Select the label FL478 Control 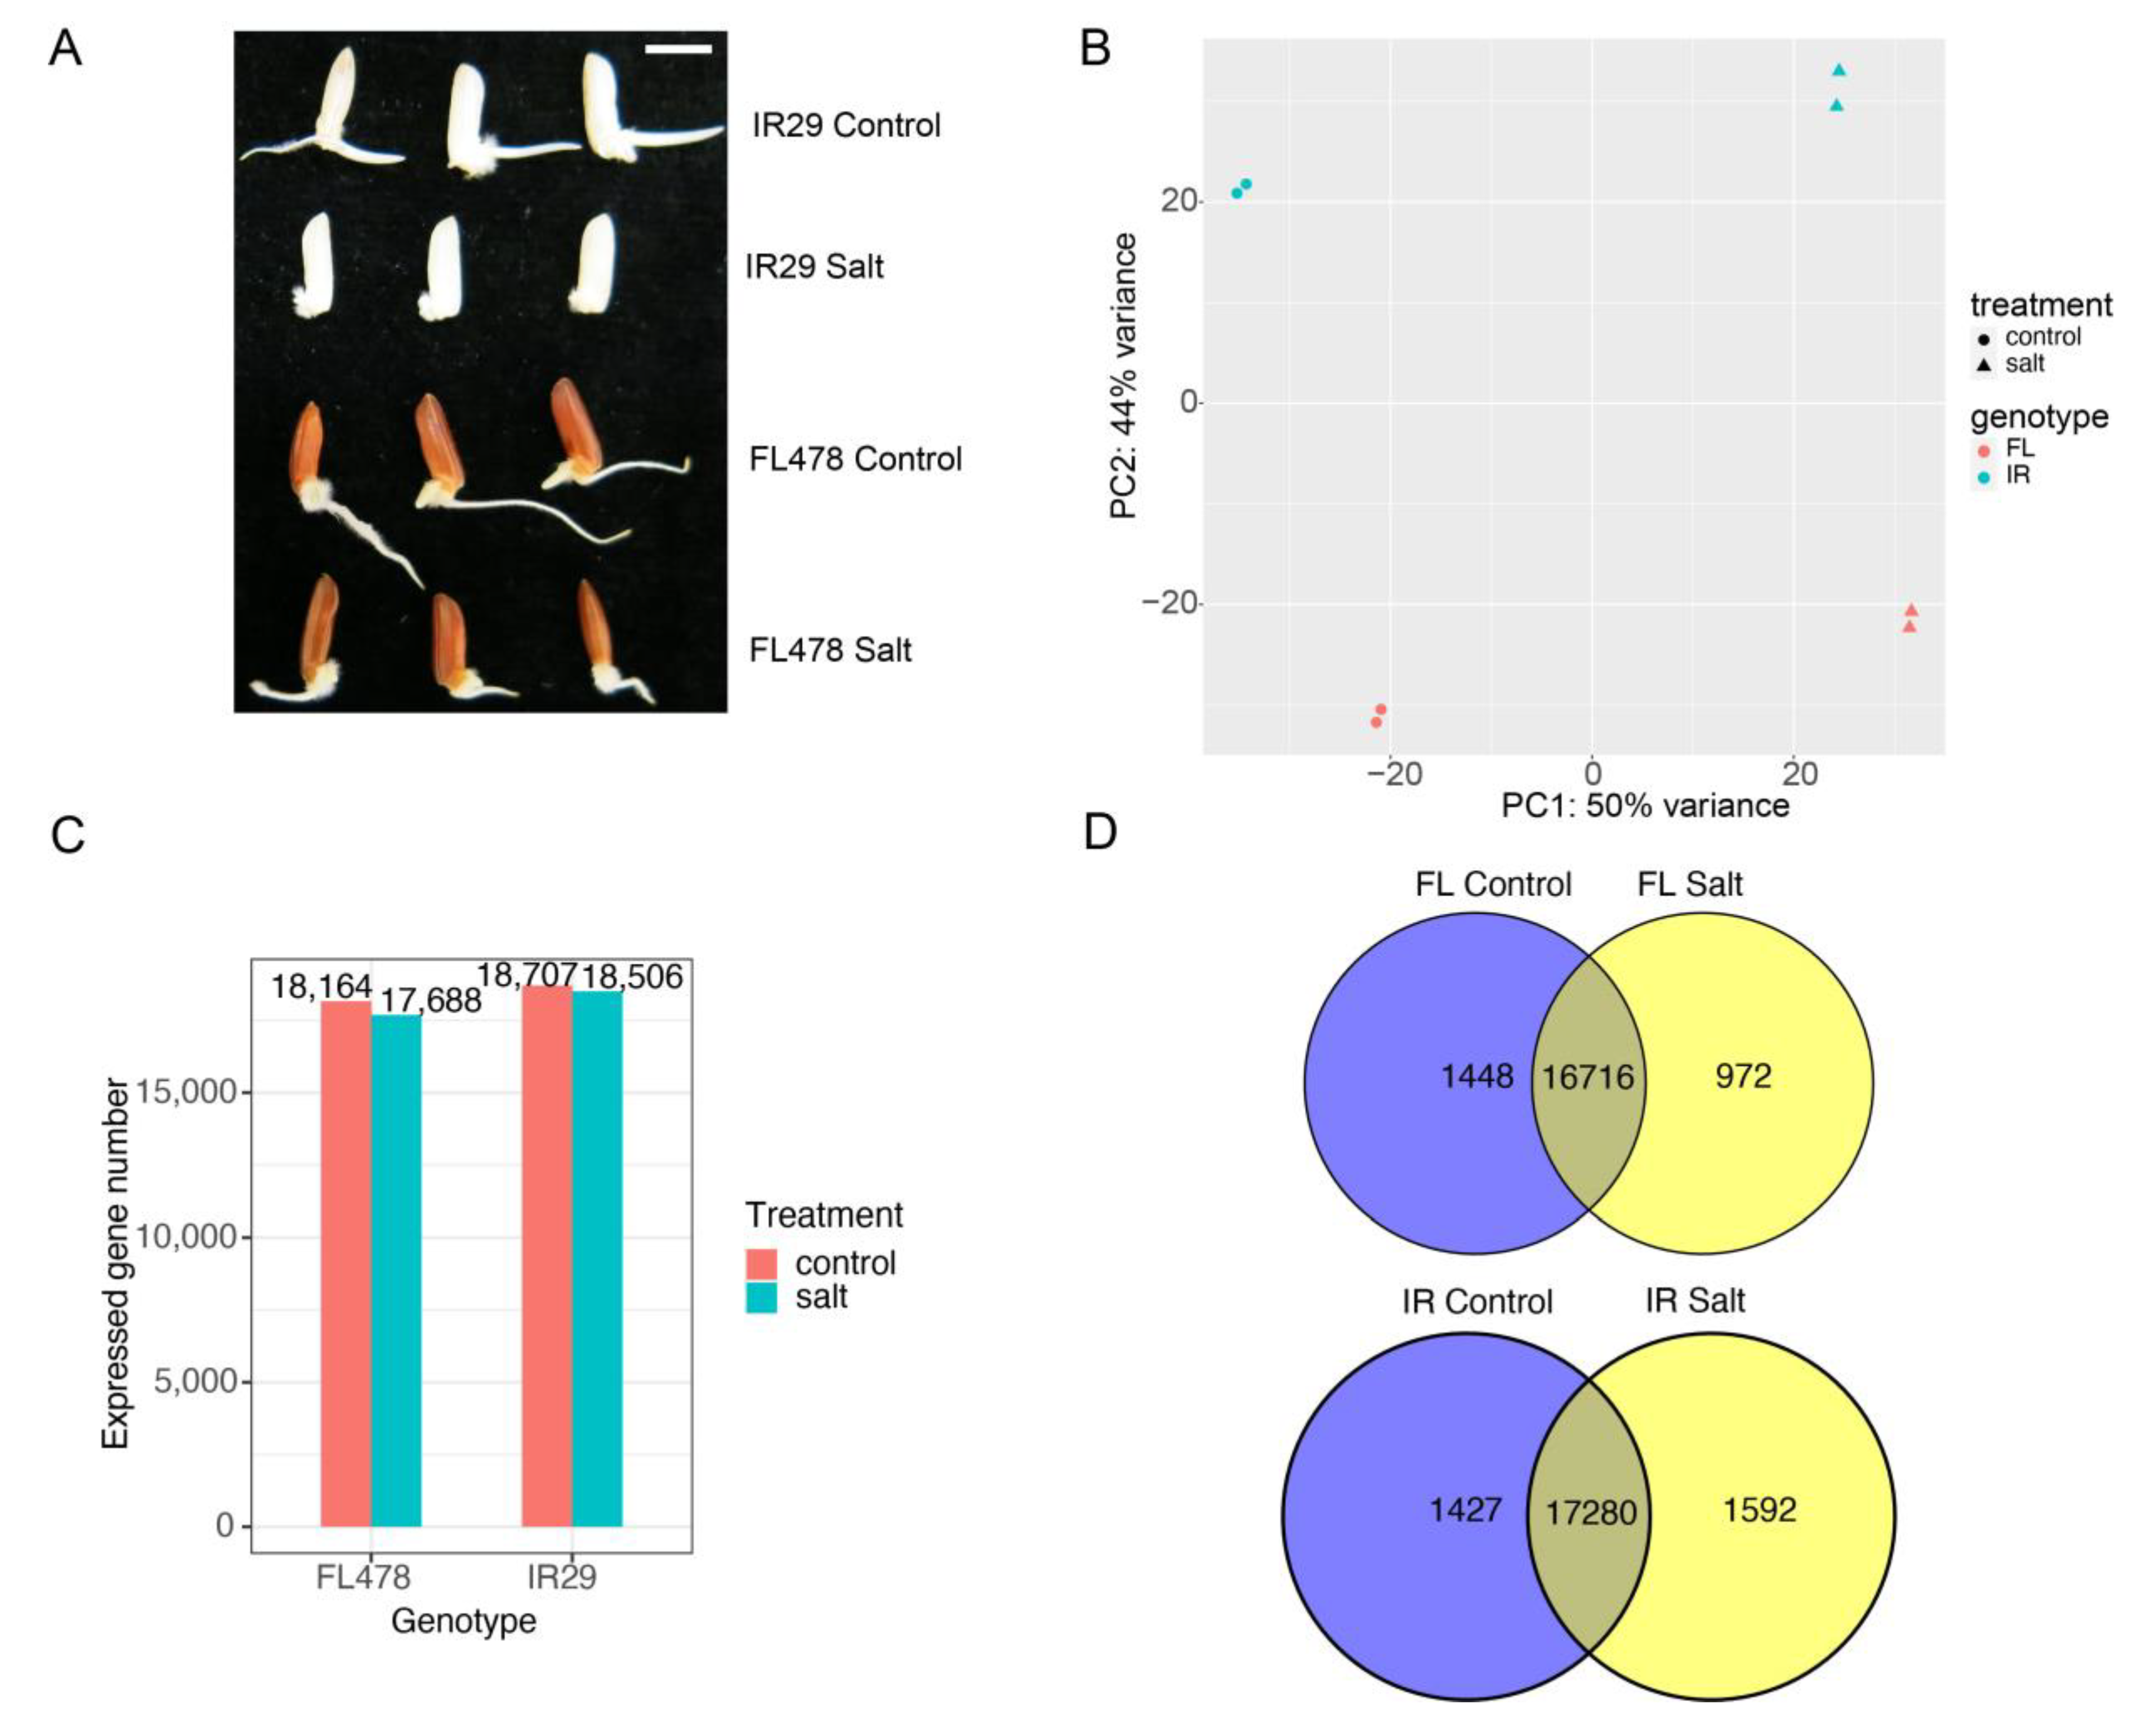855,459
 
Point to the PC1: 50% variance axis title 1645,805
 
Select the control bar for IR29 547,1255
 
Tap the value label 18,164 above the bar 321,987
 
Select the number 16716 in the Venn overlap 1588,1077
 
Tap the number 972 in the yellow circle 1743,1076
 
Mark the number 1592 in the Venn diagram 1760,1510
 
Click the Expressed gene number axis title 116,1265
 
